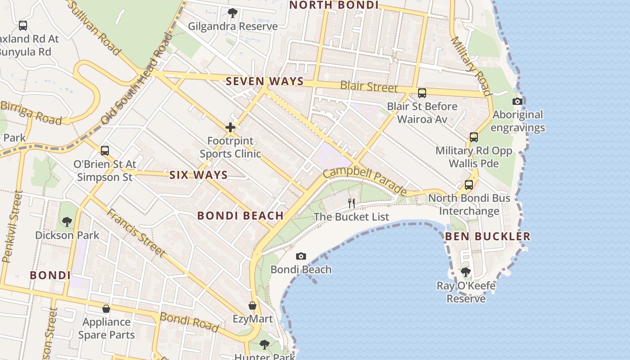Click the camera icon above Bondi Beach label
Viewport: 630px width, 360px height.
[x=301, y=256]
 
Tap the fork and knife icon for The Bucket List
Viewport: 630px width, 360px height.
[x=351, y=203]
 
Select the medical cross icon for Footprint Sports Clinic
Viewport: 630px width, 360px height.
[x=230, y=127]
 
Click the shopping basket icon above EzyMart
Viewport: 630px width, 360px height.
[x=252, y=306]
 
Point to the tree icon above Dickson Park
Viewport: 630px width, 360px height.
[x=67, y=221]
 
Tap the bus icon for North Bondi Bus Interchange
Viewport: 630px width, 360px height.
[x=469, y=184]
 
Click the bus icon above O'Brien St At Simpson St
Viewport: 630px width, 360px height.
[x=105, y=151]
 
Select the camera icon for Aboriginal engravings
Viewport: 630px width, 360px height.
[x=517, y=101]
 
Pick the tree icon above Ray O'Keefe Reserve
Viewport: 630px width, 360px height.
[x=466, y=272]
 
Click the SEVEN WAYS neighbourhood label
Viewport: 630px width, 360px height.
[x=265, y=81]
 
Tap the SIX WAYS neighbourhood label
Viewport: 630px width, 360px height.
[x=198, y=175]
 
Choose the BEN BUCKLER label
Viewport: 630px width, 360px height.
[x=488, y=236]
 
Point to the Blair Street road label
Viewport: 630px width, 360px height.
[x=369, y=86]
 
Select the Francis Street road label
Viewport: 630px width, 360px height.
[x=135, y=233]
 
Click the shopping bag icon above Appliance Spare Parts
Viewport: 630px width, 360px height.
[x=106, y=309]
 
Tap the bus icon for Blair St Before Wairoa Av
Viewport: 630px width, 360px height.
[x=422, y=93]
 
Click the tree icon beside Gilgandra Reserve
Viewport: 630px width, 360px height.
[x=232, y=13]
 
